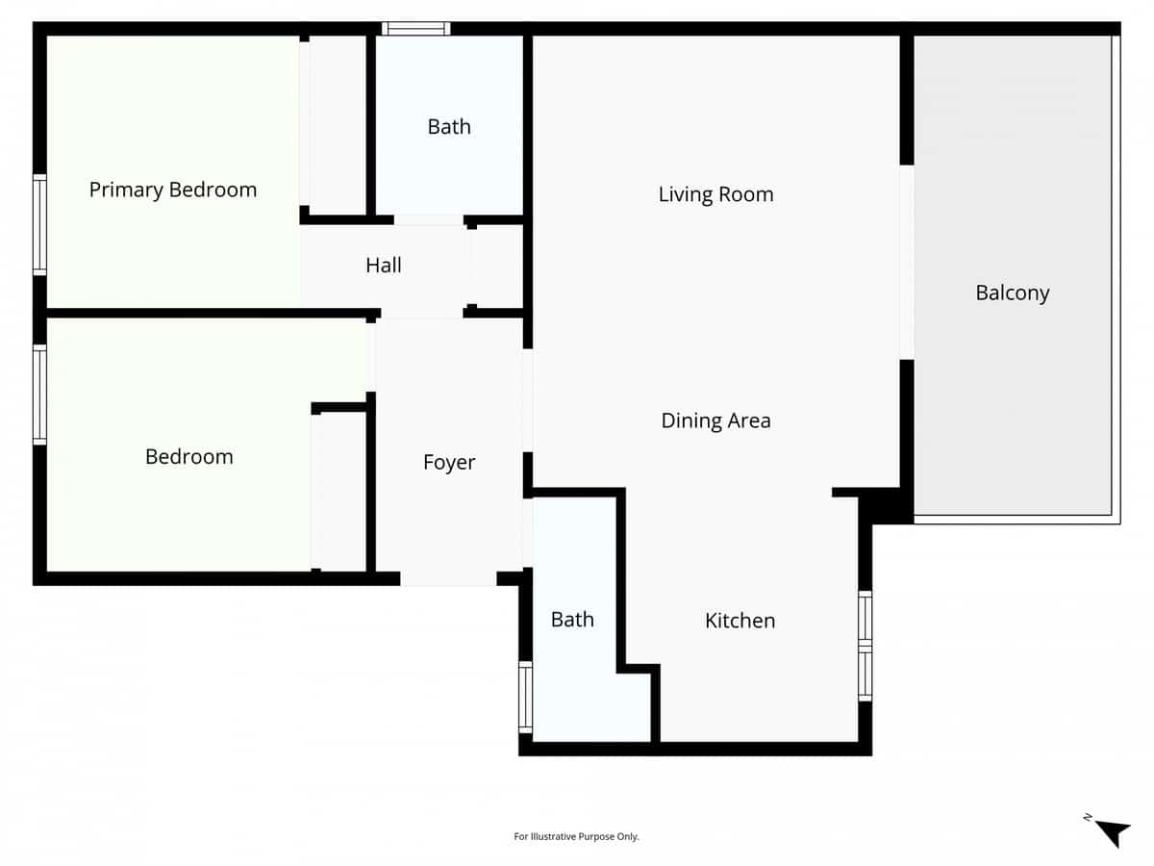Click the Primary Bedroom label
coord(173,190)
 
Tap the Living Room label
coord(715,194)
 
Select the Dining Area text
coord(715,420)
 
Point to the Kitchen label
coord(740,621)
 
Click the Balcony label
coord(1012,293)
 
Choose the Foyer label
coord(449,463)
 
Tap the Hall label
coord(384,266)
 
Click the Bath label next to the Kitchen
coord(572,620)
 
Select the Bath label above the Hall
coord(449,127)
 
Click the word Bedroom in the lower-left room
coord(188,457)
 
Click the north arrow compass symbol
coord(1112,831)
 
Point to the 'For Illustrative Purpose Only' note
coord(576,837)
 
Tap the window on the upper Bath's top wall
coord(416,29)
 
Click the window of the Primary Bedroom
coord(39,225)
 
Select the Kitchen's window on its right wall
coord(865,646)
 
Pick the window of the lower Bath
coord(525,698)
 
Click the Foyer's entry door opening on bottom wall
coord(448,579)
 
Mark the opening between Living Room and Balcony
coord(906,262)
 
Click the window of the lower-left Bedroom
coord(39,395)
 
